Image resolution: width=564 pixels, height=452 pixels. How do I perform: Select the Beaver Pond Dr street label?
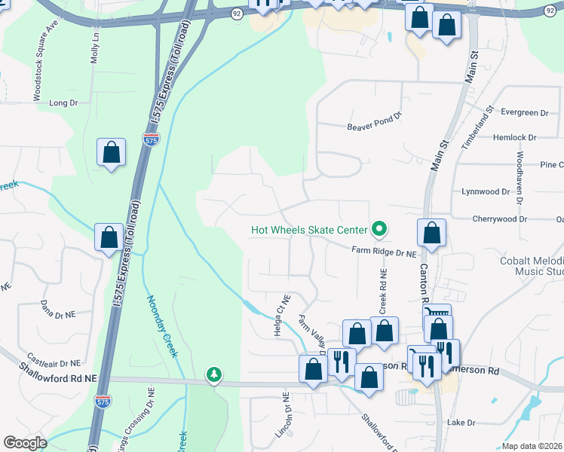[x=375, y=127]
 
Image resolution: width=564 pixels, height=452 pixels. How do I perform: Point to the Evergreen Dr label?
[x=525, y=112]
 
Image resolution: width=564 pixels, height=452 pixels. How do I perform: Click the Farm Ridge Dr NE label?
[x=384, y=255]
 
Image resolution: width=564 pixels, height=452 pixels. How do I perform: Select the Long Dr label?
[x=63, y=102]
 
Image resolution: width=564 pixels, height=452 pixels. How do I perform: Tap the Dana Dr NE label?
[x=57, y=314]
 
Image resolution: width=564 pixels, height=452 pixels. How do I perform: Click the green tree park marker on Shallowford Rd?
[x=215, y=374]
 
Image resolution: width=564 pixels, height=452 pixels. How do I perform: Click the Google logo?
[x=26, y=442]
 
